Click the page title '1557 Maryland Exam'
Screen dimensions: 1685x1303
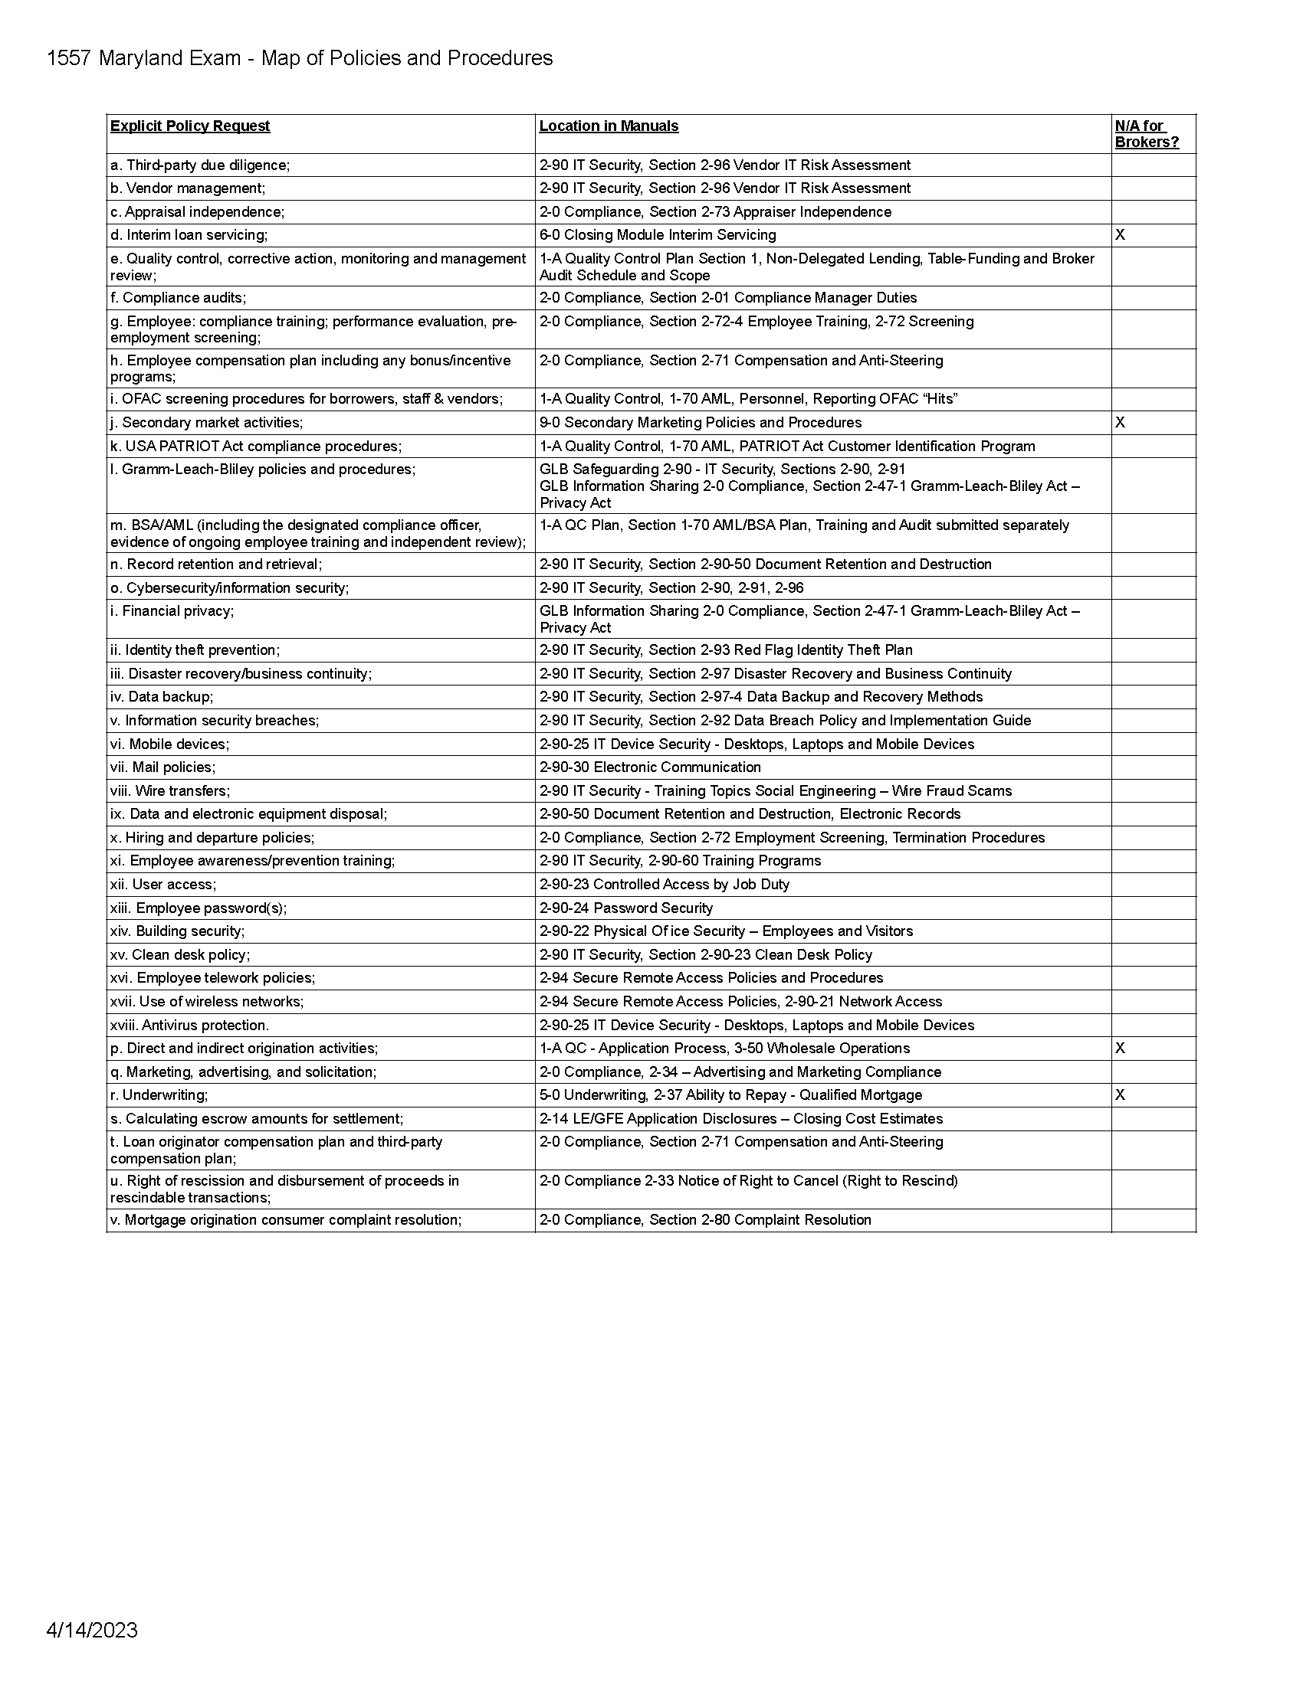click(x=143, y=59)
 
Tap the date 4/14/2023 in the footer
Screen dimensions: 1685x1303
click(x=92, y=1629)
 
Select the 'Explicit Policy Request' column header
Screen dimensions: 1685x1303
click(x=190, y=126)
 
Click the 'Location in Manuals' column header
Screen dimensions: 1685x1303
click(x=609, y=126)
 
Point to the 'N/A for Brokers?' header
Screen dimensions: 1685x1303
click(x=1147, y=134)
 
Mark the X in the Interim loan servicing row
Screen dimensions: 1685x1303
click(x=1120, y=235)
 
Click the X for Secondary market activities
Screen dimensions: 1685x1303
click(x=1120, y=423)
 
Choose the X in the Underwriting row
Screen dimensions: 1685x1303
click(x=1120, y=1095)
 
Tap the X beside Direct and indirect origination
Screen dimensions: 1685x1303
click(x=1120, y=1049)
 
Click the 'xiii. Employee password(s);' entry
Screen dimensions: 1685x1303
click(x=199, y=908)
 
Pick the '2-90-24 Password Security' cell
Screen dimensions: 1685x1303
click(x=626, y=908)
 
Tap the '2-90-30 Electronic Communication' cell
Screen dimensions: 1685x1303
click(x=650, y=767)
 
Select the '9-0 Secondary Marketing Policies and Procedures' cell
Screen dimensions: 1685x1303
click(x=700, y=423)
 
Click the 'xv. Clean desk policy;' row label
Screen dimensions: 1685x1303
click(x=180, y=955)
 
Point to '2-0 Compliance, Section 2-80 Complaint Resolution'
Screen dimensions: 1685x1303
click(x=704, y=1220)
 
